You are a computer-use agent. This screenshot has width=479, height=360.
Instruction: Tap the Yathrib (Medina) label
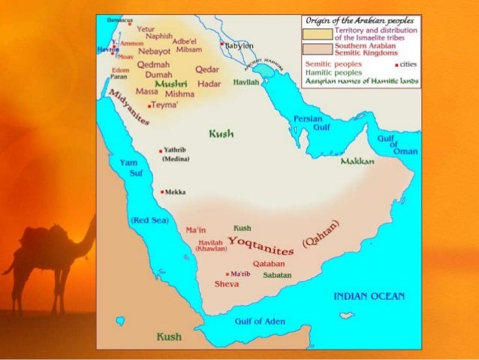point(177,154)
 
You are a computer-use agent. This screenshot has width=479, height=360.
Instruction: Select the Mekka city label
point(176,192)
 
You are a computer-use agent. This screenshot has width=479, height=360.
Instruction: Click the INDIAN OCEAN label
point(369,295)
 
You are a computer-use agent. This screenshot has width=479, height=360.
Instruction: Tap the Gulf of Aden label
point(260,321)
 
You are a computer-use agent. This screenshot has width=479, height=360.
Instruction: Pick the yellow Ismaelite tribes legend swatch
point(318,34)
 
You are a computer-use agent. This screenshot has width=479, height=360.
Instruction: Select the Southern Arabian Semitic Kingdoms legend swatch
point(318,49)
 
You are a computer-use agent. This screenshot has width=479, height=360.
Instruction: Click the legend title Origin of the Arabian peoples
point(361,20)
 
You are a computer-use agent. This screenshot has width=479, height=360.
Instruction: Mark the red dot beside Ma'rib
point(227,274)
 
